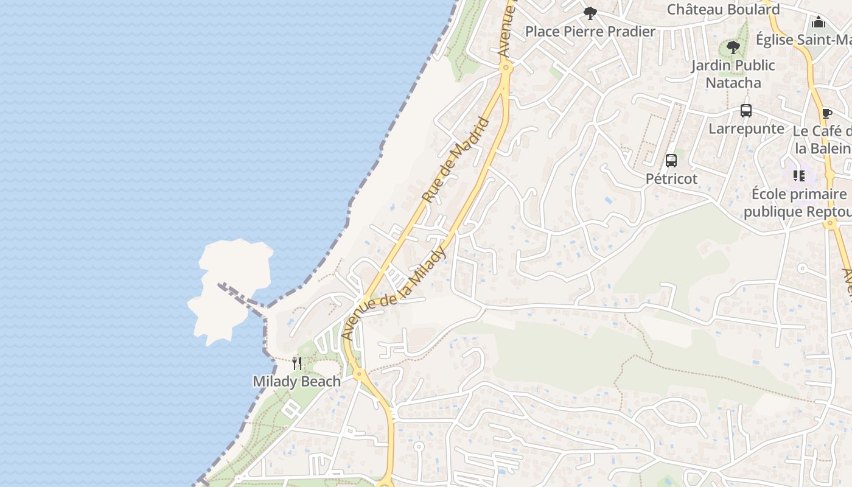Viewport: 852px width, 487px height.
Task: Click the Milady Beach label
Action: [x=296, y=382]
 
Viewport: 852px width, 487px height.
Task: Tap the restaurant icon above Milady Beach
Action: [x=297, y=363]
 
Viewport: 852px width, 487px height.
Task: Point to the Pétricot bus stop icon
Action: [x=671, y=161]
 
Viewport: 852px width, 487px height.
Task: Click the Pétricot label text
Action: [x=671, y=179]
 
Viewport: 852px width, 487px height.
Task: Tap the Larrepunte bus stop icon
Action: [x=746, y=111]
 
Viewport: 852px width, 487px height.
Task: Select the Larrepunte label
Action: [x=746, y=129]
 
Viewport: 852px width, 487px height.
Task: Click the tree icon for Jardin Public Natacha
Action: [x=733, y=47]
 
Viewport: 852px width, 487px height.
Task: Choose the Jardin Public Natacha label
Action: [x=733, y=74]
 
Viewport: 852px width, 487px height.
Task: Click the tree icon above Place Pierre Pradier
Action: [x=590, y=13]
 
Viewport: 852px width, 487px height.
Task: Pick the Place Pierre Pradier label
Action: [x=590, y=32]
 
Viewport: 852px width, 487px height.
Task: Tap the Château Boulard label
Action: [x=723, y=10]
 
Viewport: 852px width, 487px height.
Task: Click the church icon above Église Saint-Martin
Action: [x=819, y=23]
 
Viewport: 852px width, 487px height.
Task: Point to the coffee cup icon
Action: [x=826, y=113]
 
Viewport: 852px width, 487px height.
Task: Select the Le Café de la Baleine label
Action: [x=823, y=140]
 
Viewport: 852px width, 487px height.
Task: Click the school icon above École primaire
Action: [x=799, y=176]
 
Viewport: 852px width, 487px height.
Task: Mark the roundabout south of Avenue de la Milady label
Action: [x=359, y=373]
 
